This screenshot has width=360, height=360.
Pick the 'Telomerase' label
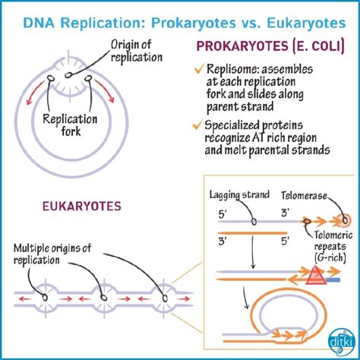(317, 195)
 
